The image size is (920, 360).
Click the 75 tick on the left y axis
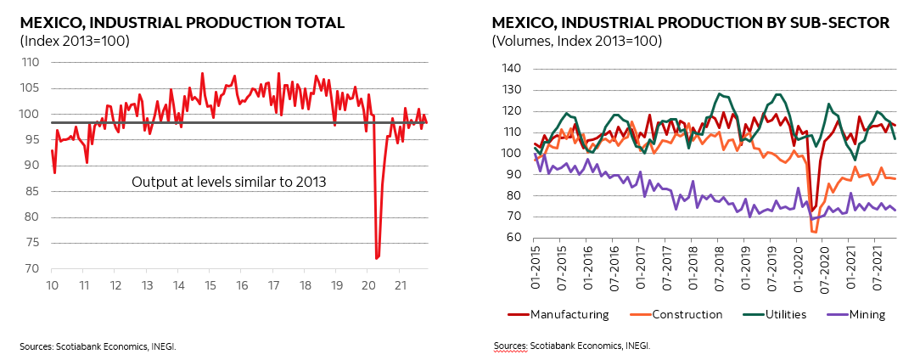coord(32,243)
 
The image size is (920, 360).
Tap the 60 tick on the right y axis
coord(509,238)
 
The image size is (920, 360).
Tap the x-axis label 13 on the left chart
coord(147,284)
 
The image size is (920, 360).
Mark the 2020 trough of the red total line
coord(376,257)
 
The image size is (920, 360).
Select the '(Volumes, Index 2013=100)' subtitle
coord(577,40)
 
